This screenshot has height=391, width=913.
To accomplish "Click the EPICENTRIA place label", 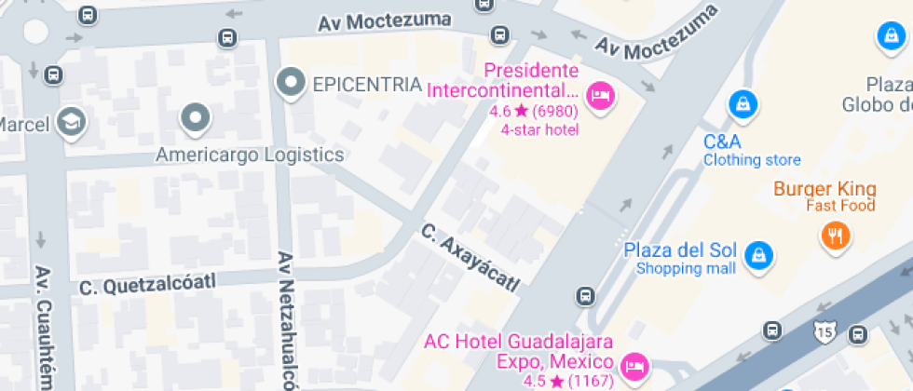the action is tap(367, 84).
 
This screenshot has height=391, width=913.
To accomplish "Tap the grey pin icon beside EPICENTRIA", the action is tap(293, 83).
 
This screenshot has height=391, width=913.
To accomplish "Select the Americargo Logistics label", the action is tap(250, 155).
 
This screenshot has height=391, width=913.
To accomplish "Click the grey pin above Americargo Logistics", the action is tap(196, 118).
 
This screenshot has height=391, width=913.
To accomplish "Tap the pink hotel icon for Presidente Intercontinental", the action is tap(600, 93).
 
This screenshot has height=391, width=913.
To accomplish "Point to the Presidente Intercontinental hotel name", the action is tap(503, 81).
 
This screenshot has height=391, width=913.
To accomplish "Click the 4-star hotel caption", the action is tap(539, 129).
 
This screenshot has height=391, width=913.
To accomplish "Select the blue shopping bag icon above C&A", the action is tap(742, 102).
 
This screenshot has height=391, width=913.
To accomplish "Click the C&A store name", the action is tap(722, 142).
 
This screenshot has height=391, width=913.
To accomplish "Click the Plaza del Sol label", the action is tap(680, 250).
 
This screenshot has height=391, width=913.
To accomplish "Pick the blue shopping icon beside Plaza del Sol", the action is tap(759, 253).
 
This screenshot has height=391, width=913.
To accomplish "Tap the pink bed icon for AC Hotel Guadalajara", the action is tap(634, 365).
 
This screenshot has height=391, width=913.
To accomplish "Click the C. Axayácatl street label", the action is tap(469, 257).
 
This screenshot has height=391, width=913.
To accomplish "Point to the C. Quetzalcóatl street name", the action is tap(147, 282).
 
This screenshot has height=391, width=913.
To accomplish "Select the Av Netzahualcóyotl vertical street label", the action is tap(286, 321).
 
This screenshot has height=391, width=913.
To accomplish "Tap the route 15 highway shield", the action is tap(823, 330).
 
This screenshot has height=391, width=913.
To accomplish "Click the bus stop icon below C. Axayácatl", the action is tap(585, 297).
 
